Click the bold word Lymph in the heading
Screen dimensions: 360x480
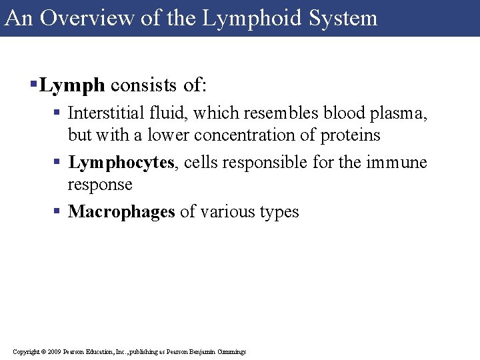coord(72,85)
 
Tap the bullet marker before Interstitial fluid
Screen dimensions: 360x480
coord(59,114)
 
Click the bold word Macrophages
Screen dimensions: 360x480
coord(121,212)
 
